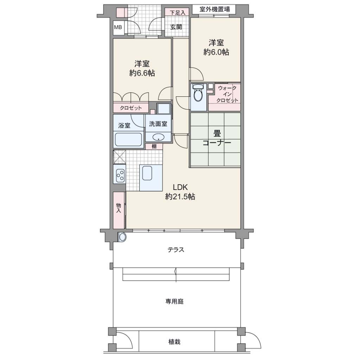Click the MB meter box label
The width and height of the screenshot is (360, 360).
point(118,27)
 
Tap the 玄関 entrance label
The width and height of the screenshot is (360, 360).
point(176,27)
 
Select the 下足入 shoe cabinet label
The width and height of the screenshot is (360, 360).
point(178,12)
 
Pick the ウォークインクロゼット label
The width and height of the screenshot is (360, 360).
point(227,94)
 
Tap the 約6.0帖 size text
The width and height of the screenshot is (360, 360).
point(216,52)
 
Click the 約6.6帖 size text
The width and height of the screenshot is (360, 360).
point(142,73)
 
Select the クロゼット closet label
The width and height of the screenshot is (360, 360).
point(131,108)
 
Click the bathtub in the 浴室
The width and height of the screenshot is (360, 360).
point(128,140)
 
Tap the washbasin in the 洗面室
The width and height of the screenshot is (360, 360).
point(159,137)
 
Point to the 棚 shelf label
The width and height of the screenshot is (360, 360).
point(154,146)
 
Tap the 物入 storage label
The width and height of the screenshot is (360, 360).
point(118,208)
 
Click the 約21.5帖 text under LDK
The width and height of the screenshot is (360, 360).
point(180,197)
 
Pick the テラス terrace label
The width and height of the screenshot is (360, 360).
point(176,250)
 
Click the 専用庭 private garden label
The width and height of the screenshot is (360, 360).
point(174,301)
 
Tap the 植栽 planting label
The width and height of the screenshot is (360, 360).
point(174,342)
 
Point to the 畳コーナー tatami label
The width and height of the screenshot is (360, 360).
point(217,138)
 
